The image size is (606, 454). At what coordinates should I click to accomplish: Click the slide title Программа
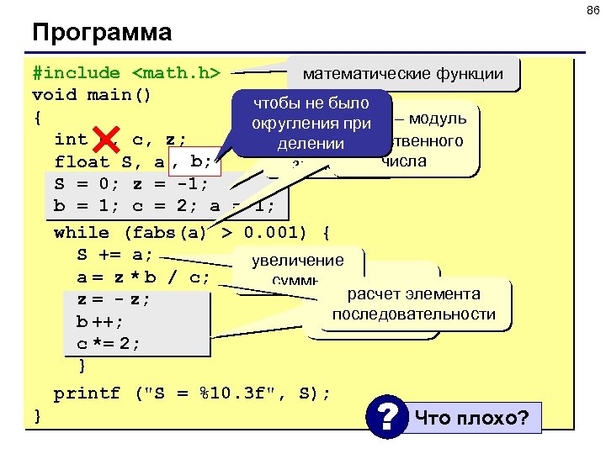tap(102, 33)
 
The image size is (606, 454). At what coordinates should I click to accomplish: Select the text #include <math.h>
tap(126, 73)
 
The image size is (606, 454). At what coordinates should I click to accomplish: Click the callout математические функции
tap(402, 74)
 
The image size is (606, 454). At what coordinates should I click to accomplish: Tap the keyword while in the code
tap(81, 232)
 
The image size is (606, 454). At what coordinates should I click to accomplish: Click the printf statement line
tap(192, 393)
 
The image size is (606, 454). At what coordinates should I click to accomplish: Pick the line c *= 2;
tap(109, 343)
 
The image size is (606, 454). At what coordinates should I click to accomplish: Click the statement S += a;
tap(115, 254)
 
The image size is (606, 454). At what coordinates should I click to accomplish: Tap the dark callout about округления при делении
tap(311, 123)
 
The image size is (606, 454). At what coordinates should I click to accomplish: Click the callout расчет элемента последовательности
tap(412, 304)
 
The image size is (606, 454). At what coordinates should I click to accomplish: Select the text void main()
tap(92, 94)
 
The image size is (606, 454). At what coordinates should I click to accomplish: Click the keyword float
tap(82, 161)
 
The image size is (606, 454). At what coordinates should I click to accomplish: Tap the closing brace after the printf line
tap(37, 414)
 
